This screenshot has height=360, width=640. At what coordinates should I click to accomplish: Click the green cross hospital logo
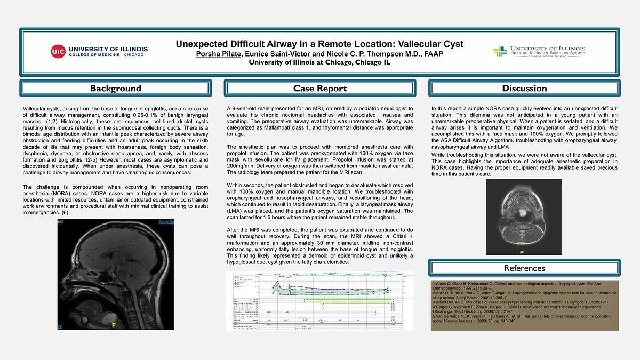click(x=500, y=52)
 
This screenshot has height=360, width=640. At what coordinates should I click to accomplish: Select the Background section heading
click(x=115, y=89)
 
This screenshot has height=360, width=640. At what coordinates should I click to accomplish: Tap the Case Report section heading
click(x=319, y=89)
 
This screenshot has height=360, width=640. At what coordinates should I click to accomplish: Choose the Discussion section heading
click(x=524, y=89)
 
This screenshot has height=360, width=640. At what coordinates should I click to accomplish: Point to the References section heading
click(x=524, y=268)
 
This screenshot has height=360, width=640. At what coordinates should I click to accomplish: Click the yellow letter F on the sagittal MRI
click(x=113, y=324)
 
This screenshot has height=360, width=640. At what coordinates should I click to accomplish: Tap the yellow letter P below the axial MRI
click(x=523, y=252)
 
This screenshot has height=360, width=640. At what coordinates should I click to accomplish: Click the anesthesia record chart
click(x=319, y=301)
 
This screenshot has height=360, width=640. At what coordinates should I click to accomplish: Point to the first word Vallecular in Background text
click(x=37, y=108)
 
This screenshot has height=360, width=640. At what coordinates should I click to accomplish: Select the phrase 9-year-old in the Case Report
click(x=245, y=108)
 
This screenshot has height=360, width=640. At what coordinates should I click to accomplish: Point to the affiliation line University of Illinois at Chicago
click(x=319, y=62)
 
